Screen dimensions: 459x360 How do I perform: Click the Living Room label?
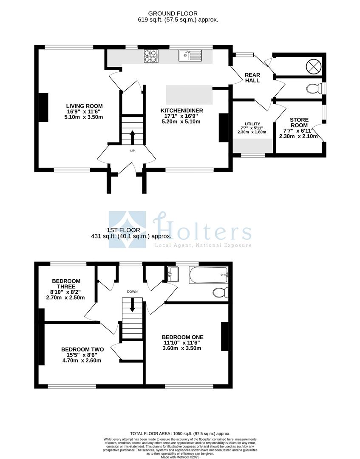pos(84,111)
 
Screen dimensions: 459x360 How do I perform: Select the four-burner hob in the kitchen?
pos(150,57)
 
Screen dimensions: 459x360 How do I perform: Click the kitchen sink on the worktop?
pos(190,56)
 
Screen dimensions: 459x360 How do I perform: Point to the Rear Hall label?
pos(252,78)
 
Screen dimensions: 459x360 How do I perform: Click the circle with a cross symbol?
pos(313,66)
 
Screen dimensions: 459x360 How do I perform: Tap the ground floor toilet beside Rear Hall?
pos(313,89)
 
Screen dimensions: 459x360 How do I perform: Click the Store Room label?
pos(299,128)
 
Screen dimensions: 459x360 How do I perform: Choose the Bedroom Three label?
pos(66,289)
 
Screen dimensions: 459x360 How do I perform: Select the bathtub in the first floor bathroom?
pos(209,275)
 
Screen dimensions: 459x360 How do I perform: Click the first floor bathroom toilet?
pos(220,293)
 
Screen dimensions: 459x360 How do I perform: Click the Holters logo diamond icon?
pos(127,229)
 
